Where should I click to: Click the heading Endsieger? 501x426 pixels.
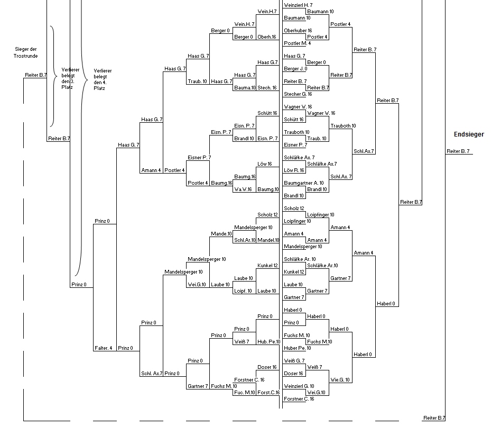pos(469,134)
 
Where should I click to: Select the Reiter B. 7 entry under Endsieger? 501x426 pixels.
pos(458,151)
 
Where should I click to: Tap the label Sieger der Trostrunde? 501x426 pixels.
pos(25,52)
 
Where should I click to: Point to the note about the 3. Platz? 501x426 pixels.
pos(70,78)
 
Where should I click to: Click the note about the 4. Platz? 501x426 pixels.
pos(103,79)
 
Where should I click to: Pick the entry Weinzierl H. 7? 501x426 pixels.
pos(298,5)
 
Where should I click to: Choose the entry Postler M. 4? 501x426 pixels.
pos(297,43)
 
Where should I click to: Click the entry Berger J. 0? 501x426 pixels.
pos(295,69)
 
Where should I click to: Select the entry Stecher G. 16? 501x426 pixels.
pos(298,94)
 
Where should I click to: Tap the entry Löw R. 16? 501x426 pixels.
pos(294,170)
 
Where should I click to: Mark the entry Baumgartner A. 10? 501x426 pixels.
pos(303,183)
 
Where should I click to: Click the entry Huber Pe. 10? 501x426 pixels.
pos(297,348)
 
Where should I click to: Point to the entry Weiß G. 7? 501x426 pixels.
pos(294,361)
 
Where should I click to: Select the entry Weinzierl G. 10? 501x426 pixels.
pos(299,386)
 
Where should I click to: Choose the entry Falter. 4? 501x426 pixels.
pos(103,348)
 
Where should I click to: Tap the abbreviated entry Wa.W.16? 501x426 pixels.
pos(243,189)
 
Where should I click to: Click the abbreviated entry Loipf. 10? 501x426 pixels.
pos(243,291)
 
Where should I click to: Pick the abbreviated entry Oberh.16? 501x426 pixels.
pos(267,37)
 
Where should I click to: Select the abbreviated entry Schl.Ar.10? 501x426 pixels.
pos(245,240)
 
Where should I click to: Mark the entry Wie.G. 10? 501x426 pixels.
pos(340,380)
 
